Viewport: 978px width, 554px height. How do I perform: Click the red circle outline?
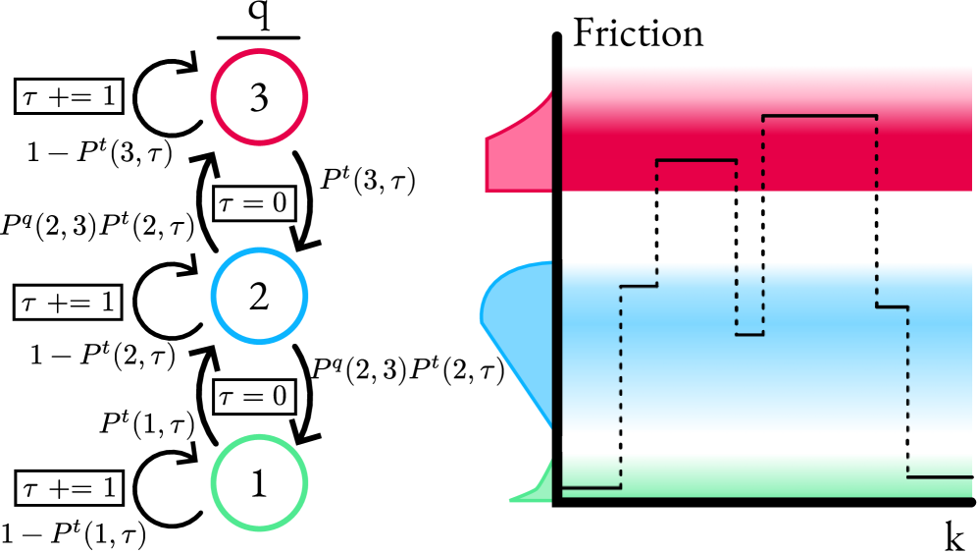click(x=259, y=52)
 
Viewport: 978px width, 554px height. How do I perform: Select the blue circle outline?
click(x=259, y=251)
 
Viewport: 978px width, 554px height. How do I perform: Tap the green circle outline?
click(x=259, y=438)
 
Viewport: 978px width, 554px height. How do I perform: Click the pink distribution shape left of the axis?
click(x=520, y=157)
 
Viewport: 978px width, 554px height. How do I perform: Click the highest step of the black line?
click(x=819, y=116)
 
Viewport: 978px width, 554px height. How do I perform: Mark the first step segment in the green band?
click(x=591, y=487)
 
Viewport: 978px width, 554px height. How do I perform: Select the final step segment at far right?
click(x=940, y=477)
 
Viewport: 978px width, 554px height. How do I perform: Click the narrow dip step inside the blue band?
click(x=749, y=335)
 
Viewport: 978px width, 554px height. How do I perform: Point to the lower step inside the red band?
click(x=695, y=160)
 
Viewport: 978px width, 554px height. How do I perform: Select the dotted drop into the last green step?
click(x=907, y=393)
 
